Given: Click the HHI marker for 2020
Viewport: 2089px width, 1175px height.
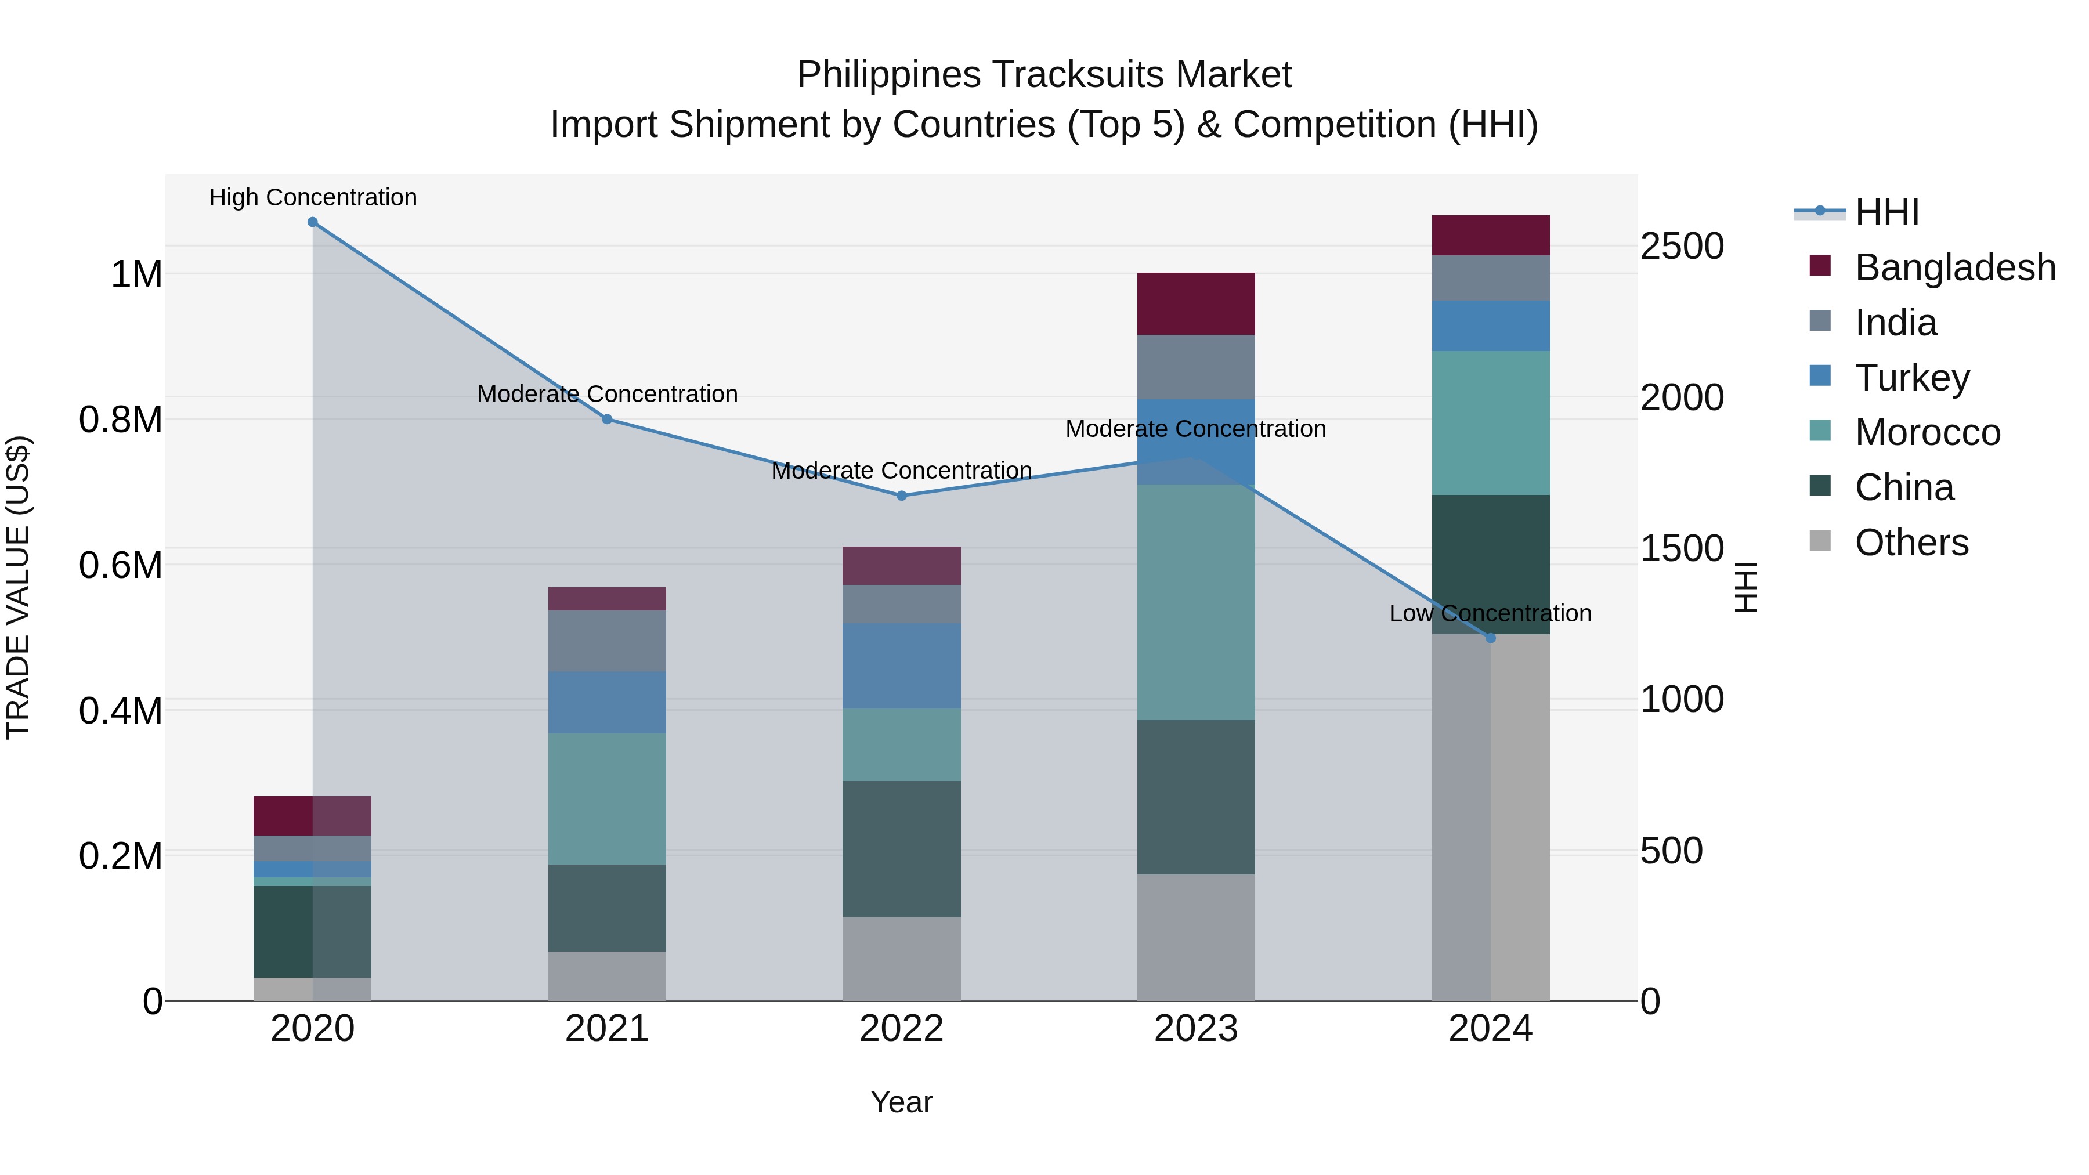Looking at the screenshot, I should coord(312,222).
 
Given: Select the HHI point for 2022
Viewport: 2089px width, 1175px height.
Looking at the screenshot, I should coord(901,496).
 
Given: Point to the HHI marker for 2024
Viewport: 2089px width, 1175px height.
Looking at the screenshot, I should coord(1491,638).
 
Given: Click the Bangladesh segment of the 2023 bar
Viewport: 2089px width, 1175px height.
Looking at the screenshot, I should coord(1195,304).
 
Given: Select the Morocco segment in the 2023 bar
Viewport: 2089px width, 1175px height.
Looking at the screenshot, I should coord(1195,602).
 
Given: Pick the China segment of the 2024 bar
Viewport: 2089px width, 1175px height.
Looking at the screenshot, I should coord(1491,565).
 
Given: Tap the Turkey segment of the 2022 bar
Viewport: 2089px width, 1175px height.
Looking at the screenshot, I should coord(901,666).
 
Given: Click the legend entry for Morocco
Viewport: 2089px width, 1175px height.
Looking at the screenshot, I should coord(1927,432).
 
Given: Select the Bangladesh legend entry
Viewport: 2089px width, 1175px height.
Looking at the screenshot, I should coord(1954,267).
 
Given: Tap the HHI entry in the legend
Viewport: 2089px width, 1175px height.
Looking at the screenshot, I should coord(1886,212).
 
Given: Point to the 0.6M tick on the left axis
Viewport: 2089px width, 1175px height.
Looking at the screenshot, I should coord(121,565).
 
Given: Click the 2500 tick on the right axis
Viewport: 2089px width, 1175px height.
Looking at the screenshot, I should coord(1682,247).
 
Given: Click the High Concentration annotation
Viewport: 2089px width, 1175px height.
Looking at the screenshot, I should coord(313,198).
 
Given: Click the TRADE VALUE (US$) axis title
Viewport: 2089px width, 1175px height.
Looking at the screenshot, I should coord(19,587).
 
